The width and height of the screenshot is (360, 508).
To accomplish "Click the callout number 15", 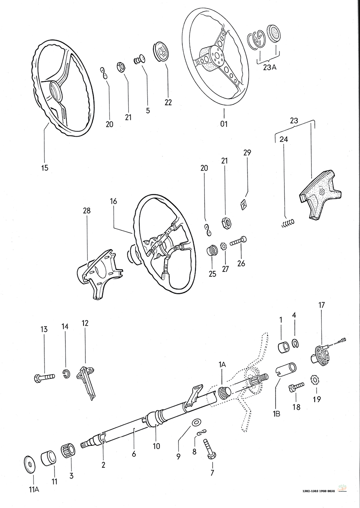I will [45, 168].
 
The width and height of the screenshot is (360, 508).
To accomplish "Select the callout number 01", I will [224, 124].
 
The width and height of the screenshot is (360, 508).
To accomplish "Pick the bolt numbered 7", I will [210, 449].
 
